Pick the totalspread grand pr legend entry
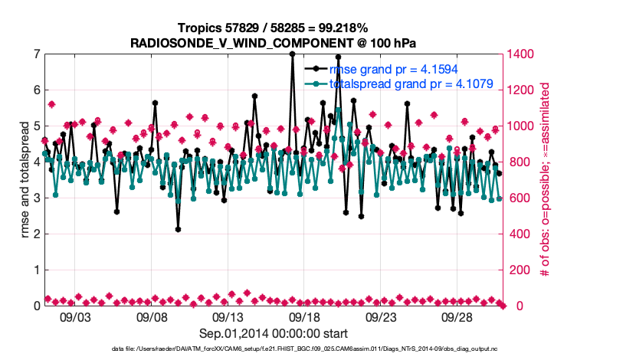(411, 83)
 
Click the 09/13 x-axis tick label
(228, 316)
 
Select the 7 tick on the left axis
(36, 54)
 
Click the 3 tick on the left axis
(36, 198)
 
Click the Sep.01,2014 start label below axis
(274, 334)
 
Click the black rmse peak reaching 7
(292, 54)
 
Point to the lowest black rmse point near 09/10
(178, 229)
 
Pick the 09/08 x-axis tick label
(152, 316)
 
